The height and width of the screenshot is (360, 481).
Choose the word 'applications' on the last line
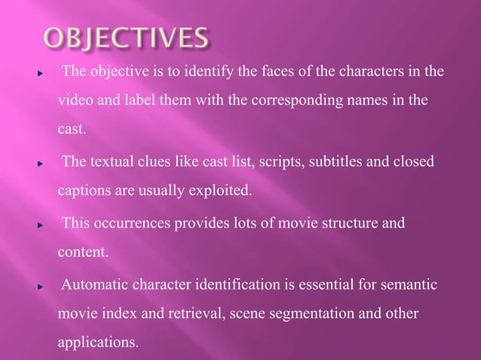click(97, 343)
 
